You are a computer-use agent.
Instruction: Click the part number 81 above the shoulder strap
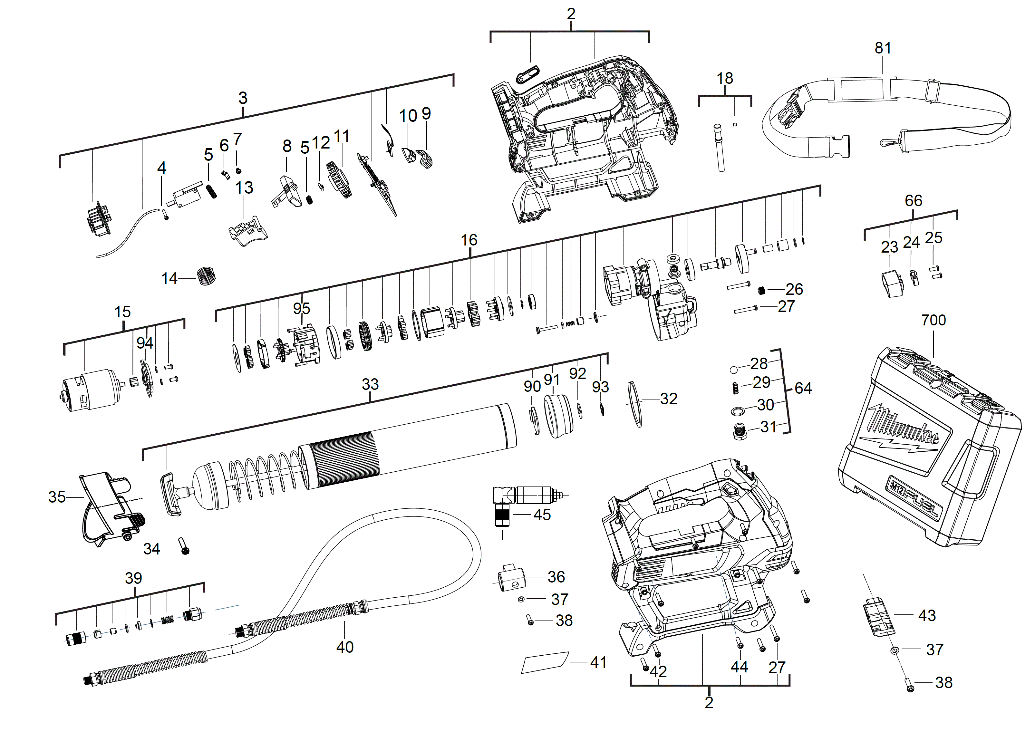click(883, 48)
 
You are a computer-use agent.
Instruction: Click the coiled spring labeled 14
click(207, 276)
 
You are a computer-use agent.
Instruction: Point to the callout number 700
click(933, 320)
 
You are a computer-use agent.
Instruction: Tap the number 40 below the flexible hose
click(345, 647)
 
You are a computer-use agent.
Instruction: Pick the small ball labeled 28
click(733, 370)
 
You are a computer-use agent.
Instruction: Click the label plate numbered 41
click(545, 663)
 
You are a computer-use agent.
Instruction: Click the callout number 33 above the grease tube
click(370, 384)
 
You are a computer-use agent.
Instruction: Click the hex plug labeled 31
click(740, 432)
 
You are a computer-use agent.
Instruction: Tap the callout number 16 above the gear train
click(469, 240)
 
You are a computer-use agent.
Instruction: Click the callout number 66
click(913, 201)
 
